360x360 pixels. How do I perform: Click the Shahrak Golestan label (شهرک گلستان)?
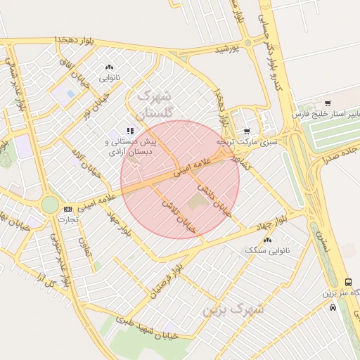click(x=154, y=103)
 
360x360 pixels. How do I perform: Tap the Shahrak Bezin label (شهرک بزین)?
click(x=233, y=309)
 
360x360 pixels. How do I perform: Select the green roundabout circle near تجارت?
click(x=50, y=205)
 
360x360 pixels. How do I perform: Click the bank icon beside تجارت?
click(x=67, y=209)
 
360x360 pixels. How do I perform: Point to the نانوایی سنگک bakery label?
click(x=263, y=250)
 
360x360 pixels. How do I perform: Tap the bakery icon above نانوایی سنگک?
click(x=267, y=240)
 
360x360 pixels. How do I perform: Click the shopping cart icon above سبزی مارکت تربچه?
click(x=246, y=131)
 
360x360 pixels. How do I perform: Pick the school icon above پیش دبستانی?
click(x=129, y=131)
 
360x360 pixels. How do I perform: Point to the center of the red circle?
click(x=180, y=179)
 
